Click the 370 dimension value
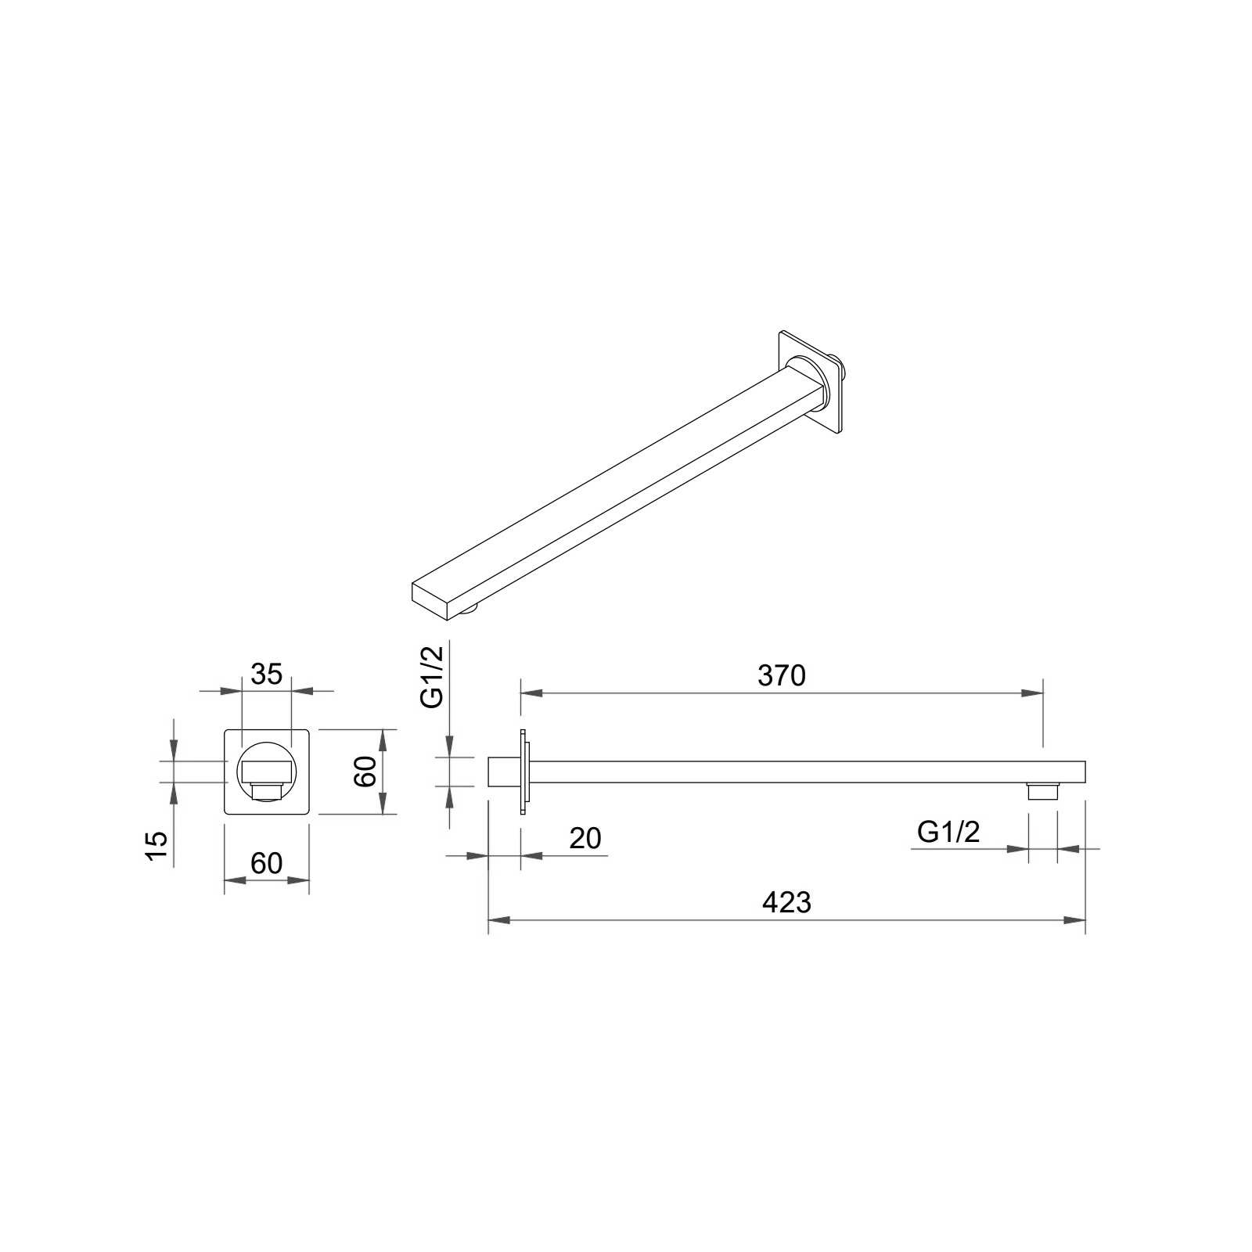point(781,675)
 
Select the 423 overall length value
point(786,902)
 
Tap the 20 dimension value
point(585,838)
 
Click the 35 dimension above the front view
point(266,674)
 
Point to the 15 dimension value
point(156,847)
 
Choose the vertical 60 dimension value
point(365,772)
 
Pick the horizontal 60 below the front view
point(266,863)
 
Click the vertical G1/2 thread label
point(432,677)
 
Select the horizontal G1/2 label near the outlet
point(948,833)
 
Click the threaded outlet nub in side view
point(1042,791)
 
